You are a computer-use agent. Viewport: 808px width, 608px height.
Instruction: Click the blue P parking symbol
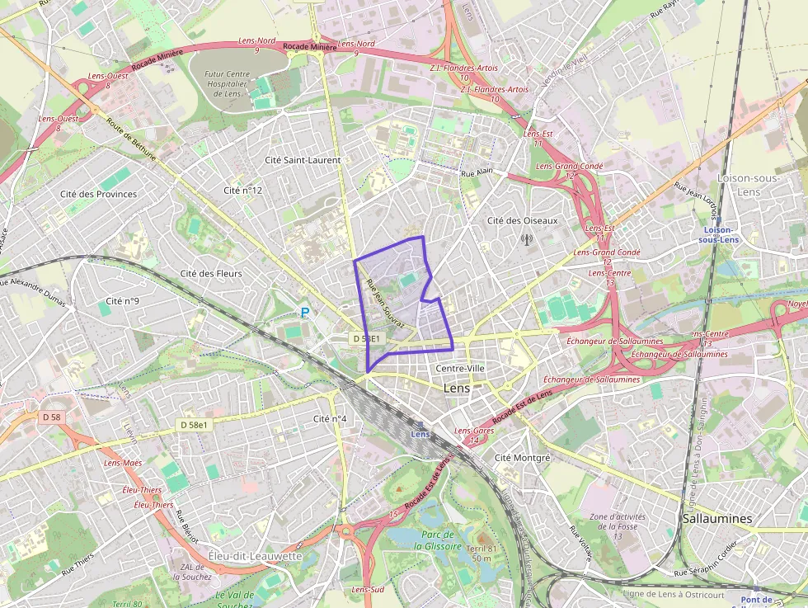pos(305,313)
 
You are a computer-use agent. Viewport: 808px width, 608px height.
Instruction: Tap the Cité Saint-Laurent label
pos(303,159)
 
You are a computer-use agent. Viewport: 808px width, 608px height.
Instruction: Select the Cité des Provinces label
pos(98,194)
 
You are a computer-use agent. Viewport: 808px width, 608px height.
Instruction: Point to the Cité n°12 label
pos(242,191)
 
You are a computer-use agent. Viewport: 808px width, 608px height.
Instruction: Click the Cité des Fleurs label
pos(210,273)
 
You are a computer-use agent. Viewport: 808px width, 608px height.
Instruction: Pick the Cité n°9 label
pos(123,301)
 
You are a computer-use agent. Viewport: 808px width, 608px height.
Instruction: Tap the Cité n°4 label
pos(330,419)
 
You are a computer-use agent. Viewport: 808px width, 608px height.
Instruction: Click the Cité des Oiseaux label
pos(522,220)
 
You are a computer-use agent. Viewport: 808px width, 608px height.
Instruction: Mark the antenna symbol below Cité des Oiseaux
pos(526,240)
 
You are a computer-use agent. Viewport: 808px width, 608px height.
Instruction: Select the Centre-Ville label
pos(460,368)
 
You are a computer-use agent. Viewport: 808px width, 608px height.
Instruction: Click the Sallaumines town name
pos(717,518)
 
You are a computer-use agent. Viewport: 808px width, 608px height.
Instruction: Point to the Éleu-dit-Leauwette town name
pos(256,556)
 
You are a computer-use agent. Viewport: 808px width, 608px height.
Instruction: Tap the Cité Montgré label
pos(521,457)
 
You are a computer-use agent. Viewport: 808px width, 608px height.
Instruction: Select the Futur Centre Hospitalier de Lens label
pos(225,83)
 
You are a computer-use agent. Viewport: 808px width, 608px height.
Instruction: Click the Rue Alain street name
pos(477,173)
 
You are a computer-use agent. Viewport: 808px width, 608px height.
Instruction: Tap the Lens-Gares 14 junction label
pos(473,436)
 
